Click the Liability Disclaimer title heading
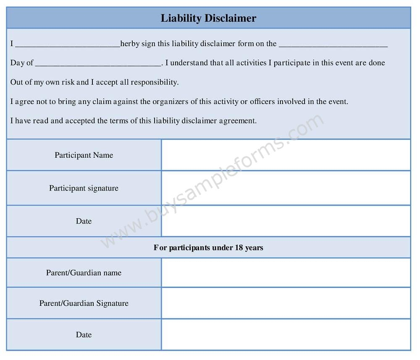click(208, 18)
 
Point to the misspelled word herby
click(130, 44)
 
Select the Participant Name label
click(84, 155)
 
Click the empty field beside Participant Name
click(286, 155)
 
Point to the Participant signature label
click(84, 188)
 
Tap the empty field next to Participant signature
click(286, 188)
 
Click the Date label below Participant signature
click(84, 221)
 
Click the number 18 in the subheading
click(239, 248)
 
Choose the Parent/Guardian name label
click(84, 273)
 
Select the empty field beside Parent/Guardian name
click(286, 273)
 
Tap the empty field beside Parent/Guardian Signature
click(286, 303)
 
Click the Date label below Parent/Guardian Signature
click(84, 335)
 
